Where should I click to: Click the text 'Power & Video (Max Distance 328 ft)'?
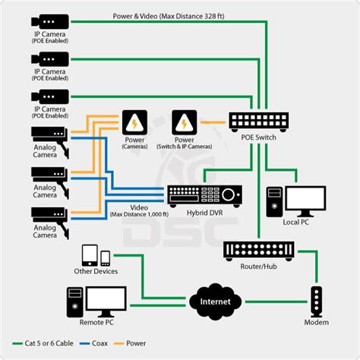click(162, 14)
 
